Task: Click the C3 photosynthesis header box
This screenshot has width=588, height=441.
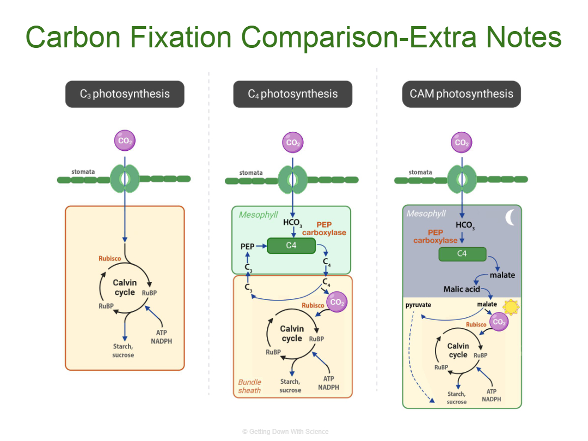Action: coord(125,94)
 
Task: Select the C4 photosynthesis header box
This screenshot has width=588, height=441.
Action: coord(293,94)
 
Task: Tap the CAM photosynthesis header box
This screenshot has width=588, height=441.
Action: coord(461,94)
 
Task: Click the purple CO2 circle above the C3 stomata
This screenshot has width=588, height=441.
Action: coord(125,141)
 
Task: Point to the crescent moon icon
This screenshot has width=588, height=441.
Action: coord(511,218)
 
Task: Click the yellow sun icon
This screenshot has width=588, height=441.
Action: coord(511,307)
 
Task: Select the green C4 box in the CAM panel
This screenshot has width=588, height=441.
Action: coord(462,254)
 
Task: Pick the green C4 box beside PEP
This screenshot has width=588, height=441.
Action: coord(291,246)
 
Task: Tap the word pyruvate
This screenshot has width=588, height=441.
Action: coord(418,305)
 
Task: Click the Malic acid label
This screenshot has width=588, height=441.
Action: coord(462,289)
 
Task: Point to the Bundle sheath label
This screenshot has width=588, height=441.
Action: coord(249,386)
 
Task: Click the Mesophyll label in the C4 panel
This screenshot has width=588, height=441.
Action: coord(258,215)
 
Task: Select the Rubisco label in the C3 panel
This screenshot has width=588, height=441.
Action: coord(109,258)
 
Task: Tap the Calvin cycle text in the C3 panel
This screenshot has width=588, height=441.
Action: coord(125,287)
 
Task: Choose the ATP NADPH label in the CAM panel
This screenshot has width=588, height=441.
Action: coord(492,395)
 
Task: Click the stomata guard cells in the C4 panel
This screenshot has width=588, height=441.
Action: coord(293,179)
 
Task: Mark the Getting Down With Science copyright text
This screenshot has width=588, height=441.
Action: coord(285,432)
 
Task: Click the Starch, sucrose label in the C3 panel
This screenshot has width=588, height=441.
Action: coord(123,351)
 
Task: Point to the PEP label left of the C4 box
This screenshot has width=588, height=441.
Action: coord(248,247)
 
